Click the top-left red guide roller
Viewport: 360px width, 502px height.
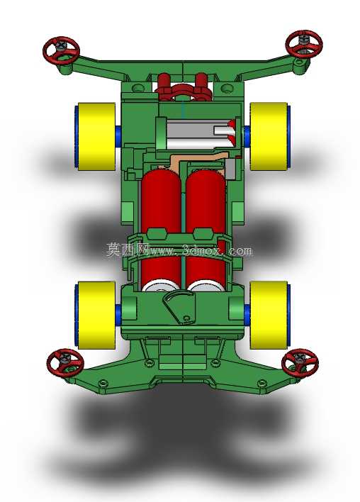61,51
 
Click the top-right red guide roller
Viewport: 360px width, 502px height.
304,44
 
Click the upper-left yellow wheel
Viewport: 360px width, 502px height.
96,137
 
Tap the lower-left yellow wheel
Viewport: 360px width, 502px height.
96,316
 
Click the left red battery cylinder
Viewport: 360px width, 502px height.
161,229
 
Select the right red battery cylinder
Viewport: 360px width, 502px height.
206,229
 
